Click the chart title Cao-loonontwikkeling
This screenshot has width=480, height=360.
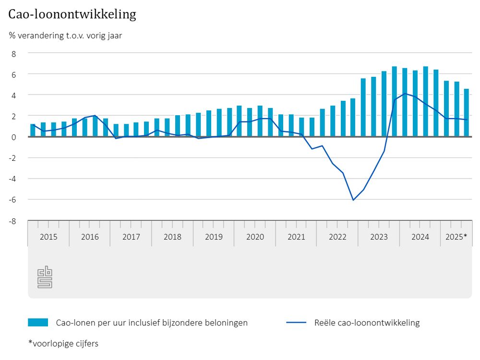tap(72, 14)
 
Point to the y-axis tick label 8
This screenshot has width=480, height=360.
tap(14, 54)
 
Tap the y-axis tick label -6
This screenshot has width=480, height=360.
tap(13, 200)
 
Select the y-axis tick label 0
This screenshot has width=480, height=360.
tap(14, 137)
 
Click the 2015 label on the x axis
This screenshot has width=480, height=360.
tap(48, 237)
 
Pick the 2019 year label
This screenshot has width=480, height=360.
tap(214, 237)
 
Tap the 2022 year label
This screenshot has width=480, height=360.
tap(337, 237)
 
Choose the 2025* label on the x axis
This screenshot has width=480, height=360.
tap(456, 237)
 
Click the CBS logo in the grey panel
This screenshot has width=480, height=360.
tap(45, 278)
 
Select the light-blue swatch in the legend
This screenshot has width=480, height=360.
tap(38, 323)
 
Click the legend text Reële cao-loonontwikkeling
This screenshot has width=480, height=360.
tap(367, 323)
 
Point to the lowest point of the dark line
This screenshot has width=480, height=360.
tap(353, 200)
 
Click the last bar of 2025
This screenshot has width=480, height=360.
tap(466, 113)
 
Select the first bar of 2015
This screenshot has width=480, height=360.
tap(33, 131)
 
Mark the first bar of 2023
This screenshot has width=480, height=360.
tap(363, 108)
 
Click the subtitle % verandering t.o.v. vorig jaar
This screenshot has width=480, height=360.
tap(65, 35)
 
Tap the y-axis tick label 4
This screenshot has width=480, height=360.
tap(14, 95)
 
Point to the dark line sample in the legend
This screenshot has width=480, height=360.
tap(296, 323)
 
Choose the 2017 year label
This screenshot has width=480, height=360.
tap(131, 237)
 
